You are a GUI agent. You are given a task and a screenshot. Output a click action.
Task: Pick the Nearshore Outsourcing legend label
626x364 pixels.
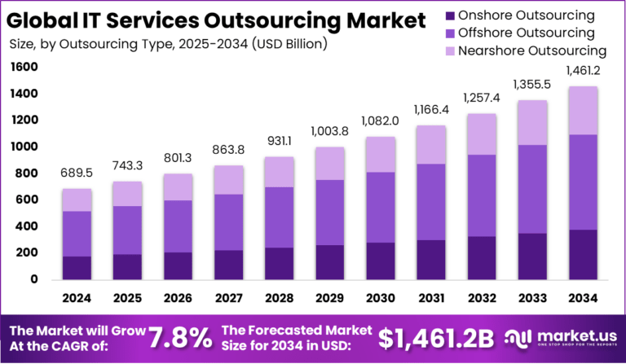[x=531, y=50]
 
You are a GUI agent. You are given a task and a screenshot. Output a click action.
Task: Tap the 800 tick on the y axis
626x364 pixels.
[x=27, y=173]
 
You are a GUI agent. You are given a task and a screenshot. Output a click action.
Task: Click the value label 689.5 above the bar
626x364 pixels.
[x=77, y=173]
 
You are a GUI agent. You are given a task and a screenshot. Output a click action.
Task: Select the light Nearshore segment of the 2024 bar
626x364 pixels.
[x=77, y=200]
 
